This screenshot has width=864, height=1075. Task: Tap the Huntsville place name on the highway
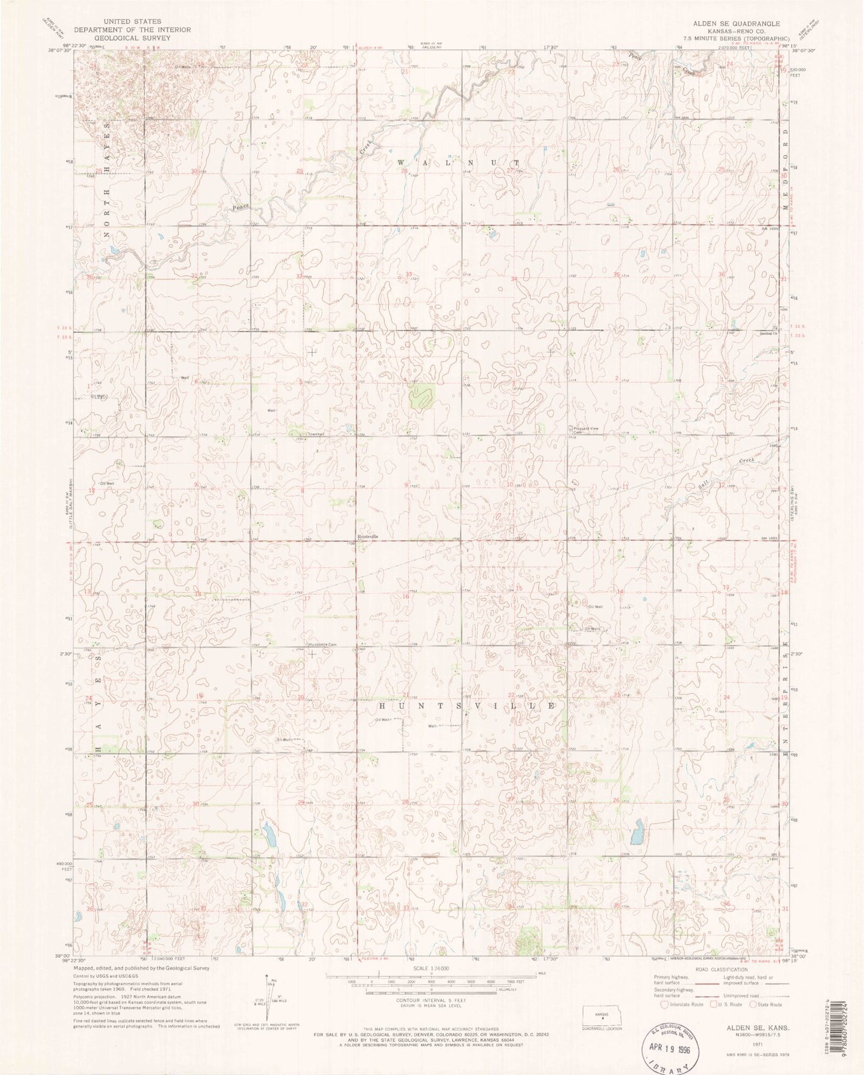tap(368, 537)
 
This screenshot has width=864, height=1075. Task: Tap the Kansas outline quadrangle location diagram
tap(603, 1015)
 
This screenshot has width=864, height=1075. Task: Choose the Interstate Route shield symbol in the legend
tap(664, 1005)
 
